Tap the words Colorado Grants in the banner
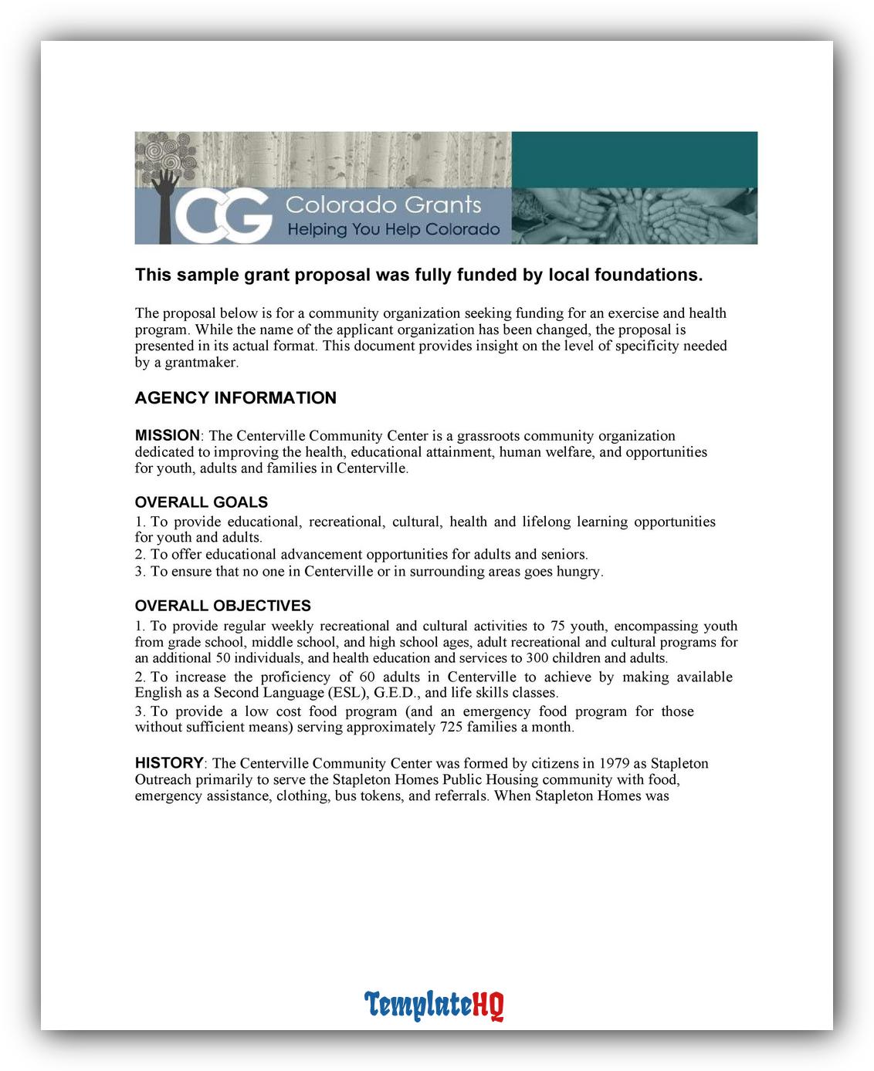pyautogui.click(x=383, y=204)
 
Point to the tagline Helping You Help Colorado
pyautogui.click(x=393, y=229)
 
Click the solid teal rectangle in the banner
pyautogui.click(x=634, y=159)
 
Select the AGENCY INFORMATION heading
pyautogui.click(x=235, y=398)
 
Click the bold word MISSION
pyautogui.click(x=167, y=435)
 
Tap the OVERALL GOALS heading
pyautogui.click(x=201, y=502)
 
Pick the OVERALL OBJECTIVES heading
pyautogui.click(x=222, y=606)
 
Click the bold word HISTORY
pyautogui.click(x=169, y=763)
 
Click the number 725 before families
pyautogui.click(x=451, y=728)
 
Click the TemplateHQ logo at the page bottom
pyautogui.click(x=434, y=1005)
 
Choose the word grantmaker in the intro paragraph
pyautogui.click(x=201, y=363)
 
